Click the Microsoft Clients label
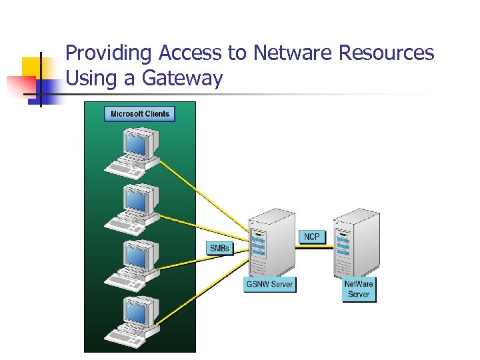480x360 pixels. (140, 114)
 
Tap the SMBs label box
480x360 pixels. (220, 248)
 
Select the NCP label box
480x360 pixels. (311, 237)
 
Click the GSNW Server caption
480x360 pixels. (269, 284)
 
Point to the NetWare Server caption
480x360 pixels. (359, 289)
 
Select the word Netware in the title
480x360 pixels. (287, 53)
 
